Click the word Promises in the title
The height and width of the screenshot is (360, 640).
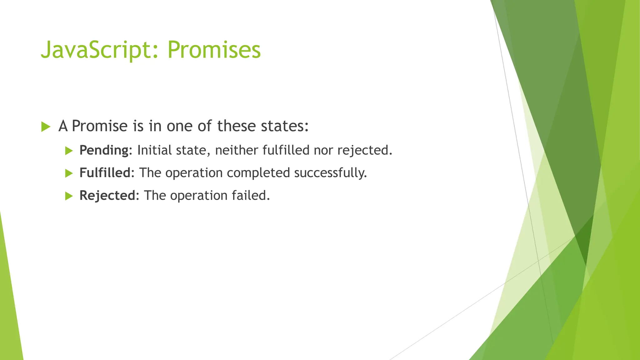pos(214,50)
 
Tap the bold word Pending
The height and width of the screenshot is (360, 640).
pos(104,150)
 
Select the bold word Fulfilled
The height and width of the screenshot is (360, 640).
pos(105,173)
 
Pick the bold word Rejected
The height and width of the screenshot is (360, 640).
pos(107,196)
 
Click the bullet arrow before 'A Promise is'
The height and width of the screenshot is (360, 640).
pos(46,127)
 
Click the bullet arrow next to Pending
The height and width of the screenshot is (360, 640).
pos(69,151)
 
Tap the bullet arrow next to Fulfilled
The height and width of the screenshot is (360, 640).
pos(69,173)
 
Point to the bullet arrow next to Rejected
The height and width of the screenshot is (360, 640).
pos(69,196)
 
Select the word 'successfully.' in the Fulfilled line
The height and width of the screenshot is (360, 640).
pos(330,173)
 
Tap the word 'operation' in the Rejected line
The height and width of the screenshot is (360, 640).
pos(199,196)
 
